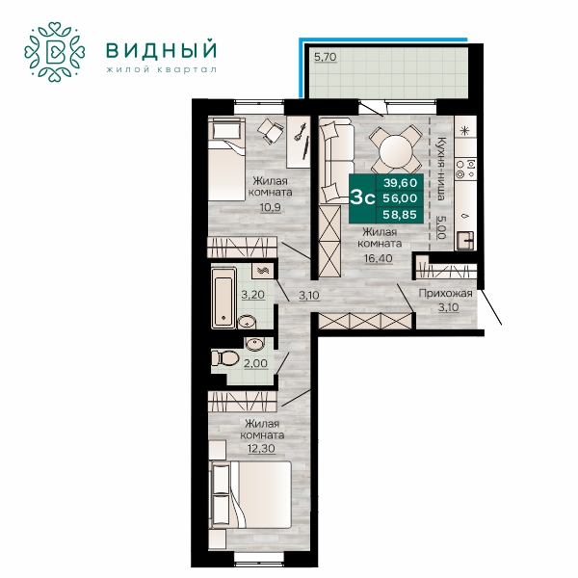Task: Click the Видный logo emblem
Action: pyautogui.click(x=55, y=52)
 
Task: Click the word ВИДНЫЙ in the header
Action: pyautogui.click(x=162, y=50)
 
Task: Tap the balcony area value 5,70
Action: pyautogui.click(x=326, y=57)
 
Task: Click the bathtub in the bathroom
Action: pyautogui.click(x=223, y=298)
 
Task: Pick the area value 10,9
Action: pyautogui.click(x=270, y=207)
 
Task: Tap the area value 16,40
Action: pyautogui.click(x=379, y=258)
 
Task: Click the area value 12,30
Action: pyautogui.click(x=261, y=448)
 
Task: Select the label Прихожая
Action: pyautogui.click(x=445, y=294)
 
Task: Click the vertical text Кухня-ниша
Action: pyautogui.click(x=441, y=169)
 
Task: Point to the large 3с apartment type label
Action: pyautogui.click(x=362, y=197)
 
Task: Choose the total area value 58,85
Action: pyautogui.click(x=400, y=215)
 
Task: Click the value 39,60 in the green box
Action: pyautogui.click(x=400, y=182)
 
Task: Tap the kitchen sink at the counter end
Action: pyautogui.click(x=465, y=240)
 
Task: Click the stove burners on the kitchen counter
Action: pyautogui.click(x=465, y=168)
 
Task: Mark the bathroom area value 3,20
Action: pyautogui.click(x=252, y=295)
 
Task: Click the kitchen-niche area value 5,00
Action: pyautogui.click(x=441, y=227)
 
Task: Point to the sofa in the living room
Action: pyautogui.click(x=335, y=161)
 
